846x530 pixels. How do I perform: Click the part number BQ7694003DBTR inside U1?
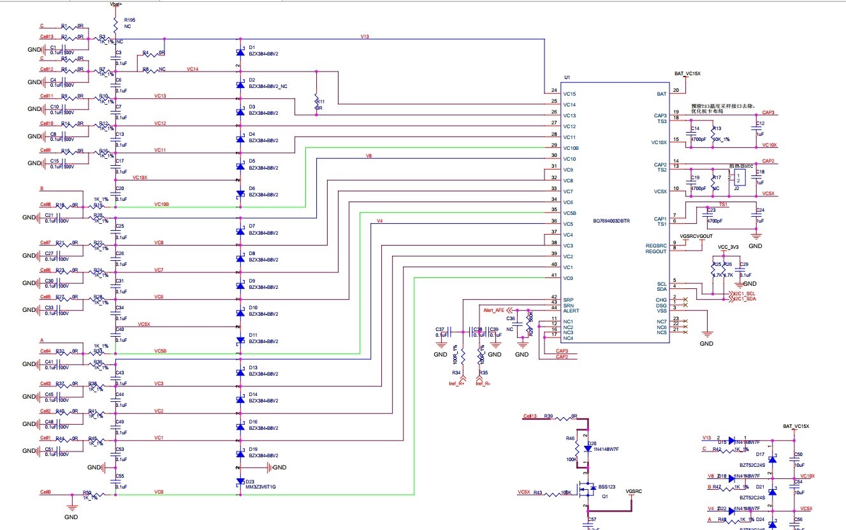[x=611, y=221]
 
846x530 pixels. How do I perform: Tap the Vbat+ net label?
[x=116, y=4]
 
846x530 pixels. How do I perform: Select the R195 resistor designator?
[x=130, y=20]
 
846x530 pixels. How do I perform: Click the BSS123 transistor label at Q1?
[x=607, y=487]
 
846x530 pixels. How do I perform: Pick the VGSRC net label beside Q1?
[x=634, y=491]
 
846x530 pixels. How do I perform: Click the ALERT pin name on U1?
[x=571, y=311]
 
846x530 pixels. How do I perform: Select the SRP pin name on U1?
[x=568, y=299]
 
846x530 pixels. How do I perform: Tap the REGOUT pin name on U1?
[x=655, y=251]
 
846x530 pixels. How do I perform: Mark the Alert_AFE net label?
[x=493, y=310]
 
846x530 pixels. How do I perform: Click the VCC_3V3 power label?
[x=728, y=247]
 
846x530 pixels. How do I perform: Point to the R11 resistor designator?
[x=321, y=101]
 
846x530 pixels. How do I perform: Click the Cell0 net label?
[x=45, y=492]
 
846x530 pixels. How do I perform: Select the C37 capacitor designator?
[x=440, y=329]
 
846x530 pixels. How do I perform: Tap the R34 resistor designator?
[x=456, y=372]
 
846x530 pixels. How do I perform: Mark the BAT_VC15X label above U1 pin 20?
[x=687, y=74]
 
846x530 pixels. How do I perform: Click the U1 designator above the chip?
[x=567, y=78]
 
